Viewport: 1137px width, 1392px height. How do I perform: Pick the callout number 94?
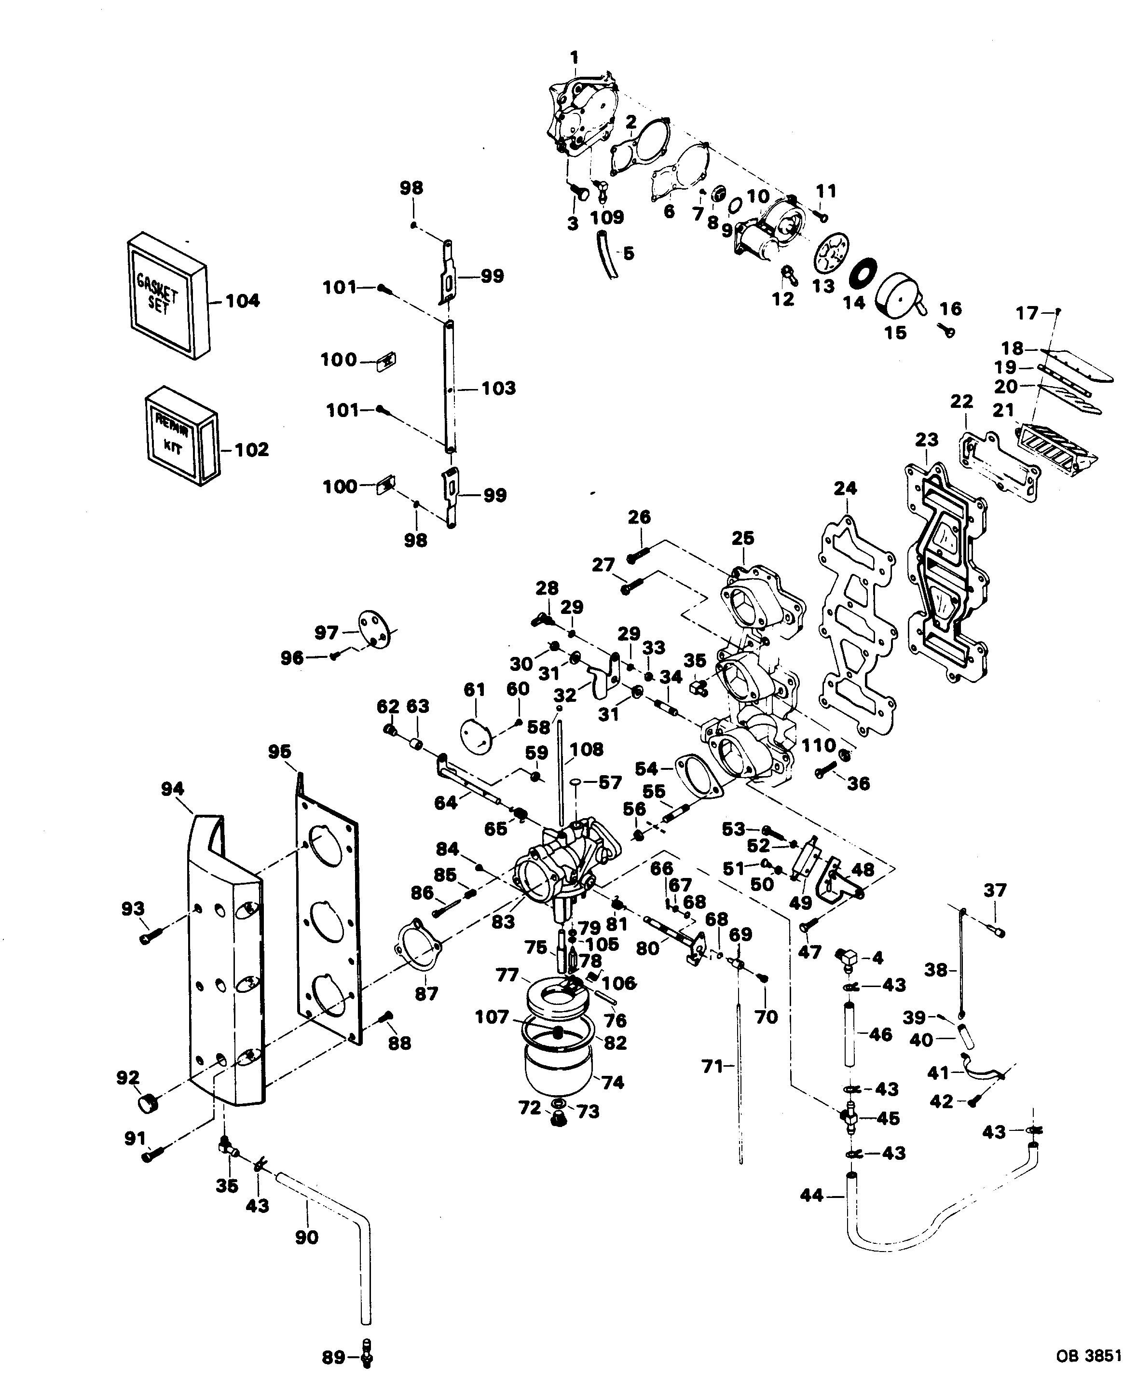pos(172,790)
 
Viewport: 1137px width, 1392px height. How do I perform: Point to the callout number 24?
pos(846,488)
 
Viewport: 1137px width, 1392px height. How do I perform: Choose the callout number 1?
pos(575,57)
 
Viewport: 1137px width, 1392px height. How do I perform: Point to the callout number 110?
pos(819,745)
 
